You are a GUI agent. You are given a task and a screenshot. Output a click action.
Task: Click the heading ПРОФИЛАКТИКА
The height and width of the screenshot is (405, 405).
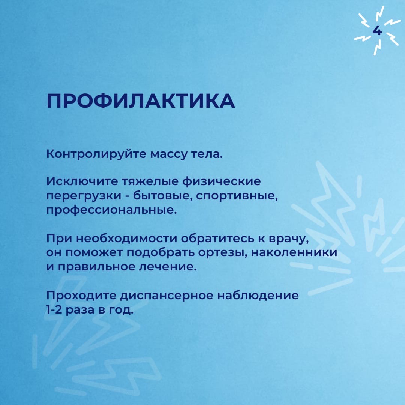(141, 101)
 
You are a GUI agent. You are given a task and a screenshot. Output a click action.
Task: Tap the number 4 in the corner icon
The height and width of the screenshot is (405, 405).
(377, 31)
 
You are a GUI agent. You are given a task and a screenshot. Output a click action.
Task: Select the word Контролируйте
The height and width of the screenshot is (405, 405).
(96, 154)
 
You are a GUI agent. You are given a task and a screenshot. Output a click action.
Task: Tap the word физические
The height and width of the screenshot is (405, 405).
(222, 182)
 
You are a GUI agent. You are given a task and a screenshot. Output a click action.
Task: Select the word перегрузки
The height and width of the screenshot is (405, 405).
(84, 196)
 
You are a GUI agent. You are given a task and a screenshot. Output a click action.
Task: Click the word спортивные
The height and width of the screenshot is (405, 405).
(237, 196)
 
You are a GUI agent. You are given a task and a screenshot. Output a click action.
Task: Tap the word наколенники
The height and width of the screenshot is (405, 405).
(294, 252)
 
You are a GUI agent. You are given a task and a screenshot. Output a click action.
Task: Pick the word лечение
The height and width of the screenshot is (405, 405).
(168, 267)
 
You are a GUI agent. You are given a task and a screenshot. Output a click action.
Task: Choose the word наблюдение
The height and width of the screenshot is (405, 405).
(258, 295)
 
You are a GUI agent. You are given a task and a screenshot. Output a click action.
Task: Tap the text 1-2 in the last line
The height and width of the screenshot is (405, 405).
(54, 309)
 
